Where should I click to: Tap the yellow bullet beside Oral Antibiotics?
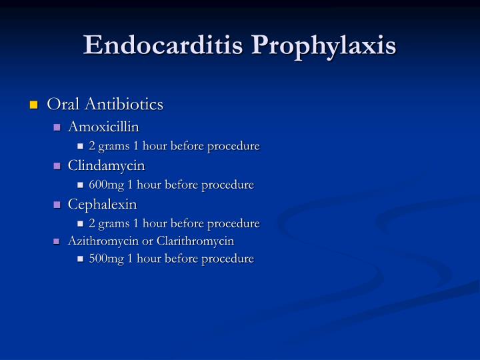pyautogui.click(x=33, y=105)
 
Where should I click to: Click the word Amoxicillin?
pyautogui.click(x=103, y=127)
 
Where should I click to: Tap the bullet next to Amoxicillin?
pyautogui.click(x=57, y=127)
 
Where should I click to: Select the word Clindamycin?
pyautogui.click(x=106, y=165)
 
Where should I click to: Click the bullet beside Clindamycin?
pyautogui.click(x=57, y=165)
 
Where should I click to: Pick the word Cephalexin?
pyautogui.click(x=102, y=203)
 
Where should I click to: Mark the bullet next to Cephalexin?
pyautogui.click(x=57, y=204)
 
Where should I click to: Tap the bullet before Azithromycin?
pyautogui.click(x=57, y=241)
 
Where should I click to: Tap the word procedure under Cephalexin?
pyautogui.click(x=234, y=223)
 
